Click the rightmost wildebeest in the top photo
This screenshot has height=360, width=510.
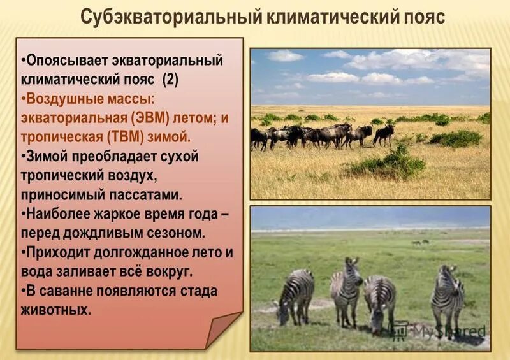click(x=384, y=133)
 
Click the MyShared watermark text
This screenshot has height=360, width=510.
click(x=446, y=331)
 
